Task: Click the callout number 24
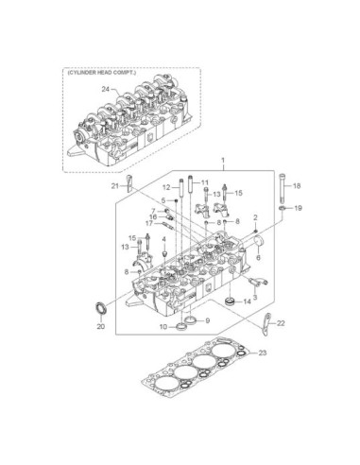(105, 89)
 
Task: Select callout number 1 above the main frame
(223, 161)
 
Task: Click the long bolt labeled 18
(282, 188)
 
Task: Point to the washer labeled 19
(283, 208)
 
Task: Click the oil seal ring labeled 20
(101, 308)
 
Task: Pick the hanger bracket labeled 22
(266, 325)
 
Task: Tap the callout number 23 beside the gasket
(263, 353)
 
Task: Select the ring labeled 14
(231, 301)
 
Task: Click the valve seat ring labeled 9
(191, 320)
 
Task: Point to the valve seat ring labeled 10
(181, 327)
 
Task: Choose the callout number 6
(258, 257)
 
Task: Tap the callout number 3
(255, 297)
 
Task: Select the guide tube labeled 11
(191, 185)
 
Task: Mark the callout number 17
(149, 223)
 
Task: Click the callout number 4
(163, 240)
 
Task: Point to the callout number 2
(255, 217)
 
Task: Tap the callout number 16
(153, 217)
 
